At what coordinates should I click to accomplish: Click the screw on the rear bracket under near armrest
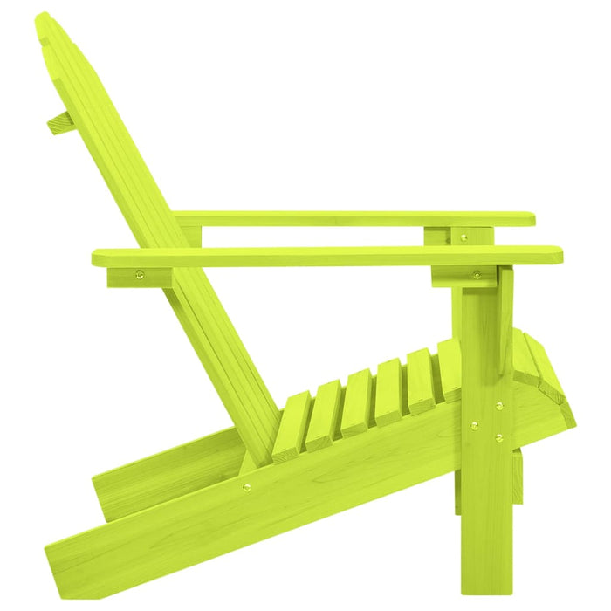click(139, 276)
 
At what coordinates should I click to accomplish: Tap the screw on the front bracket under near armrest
click(476, 274)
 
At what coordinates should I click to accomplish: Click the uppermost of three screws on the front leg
click(498, 406)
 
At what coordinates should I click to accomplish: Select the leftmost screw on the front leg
click(474, 426)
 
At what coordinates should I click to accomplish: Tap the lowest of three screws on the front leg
click(498, 438)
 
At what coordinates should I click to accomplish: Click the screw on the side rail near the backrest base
click(246, 487)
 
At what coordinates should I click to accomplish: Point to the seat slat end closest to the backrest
click(290, 428)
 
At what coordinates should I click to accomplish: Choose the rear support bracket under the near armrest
click(140, 277)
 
